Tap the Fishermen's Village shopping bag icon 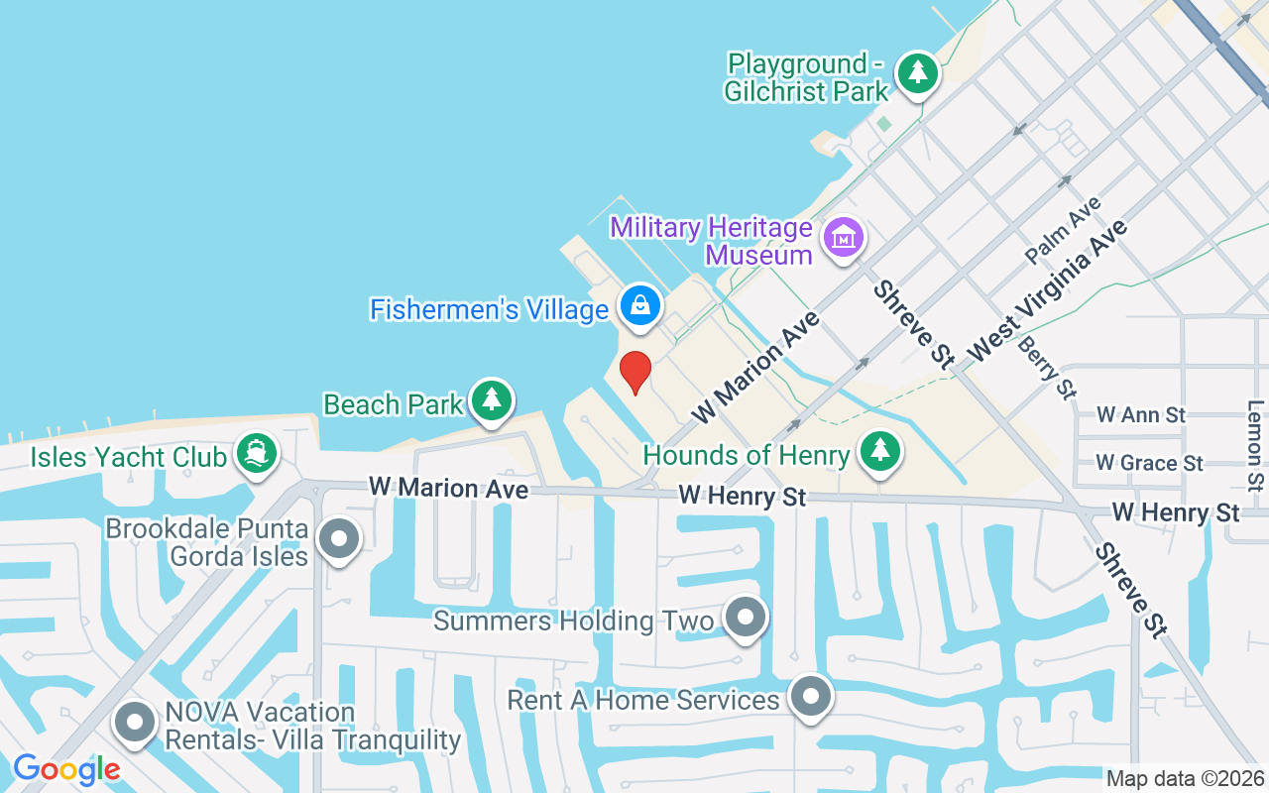click(641, 305)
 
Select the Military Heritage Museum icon click(844, 238)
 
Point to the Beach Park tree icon click(491, 400)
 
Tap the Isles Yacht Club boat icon click(258, 454)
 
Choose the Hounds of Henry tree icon click(879, 452)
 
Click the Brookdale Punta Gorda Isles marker click(340, 540)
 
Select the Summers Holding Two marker click(746, 619)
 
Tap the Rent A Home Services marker click(811, 697)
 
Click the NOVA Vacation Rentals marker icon click(135, 724)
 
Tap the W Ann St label click(1141, 414)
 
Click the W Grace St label click(1149, 463)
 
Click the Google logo click(66, 768)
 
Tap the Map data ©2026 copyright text click(1185, 779)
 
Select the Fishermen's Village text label click(489, 309)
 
